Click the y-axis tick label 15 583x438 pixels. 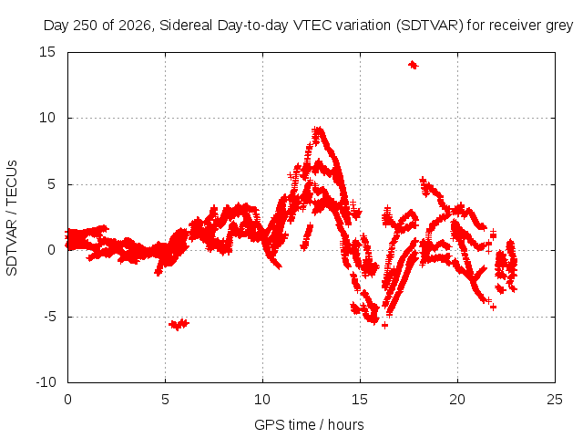click(x=47, y=52)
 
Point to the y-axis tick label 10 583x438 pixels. click(x=47, y=118)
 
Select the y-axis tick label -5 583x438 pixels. click(x=49, y=317)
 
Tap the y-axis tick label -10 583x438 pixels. click(x=46, y=382)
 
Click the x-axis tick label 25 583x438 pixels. click(x=555, y=400)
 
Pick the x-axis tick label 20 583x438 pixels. click(x=457, y=400)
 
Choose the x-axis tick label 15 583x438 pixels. click(x=360, y=400)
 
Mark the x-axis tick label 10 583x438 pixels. click(x=262, y=400)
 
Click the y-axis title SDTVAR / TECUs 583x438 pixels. click(x=12, y=218)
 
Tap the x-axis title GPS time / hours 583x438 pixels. click(x=309, y=425)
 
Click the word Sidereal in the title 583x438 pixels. click(x=186, y=26)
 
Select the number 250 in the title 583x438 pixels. click(x=86, y=26)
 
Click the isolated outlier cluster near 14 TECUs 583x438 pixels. click(x=413, y=65)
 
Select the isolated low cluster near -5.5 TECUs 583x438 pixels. click(x=179, y=325)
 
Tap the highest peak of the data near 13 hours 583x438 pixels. click(x=318, y=130)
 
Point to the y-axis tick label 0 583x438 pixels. click(x=52, y=250)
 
